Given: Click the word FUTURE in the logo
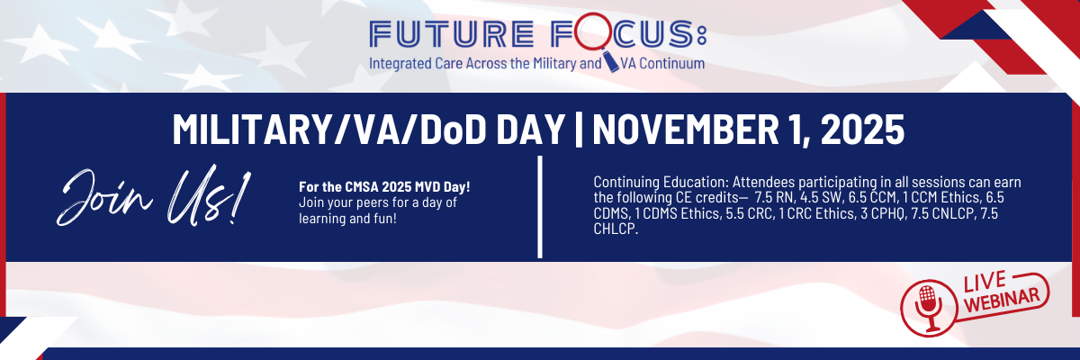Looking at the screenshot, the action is click(451, 34).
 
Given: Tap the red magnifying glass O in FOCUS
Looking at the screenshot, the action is click(592, 31).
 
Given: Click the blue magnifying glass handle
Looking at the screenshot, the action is click(610, 62).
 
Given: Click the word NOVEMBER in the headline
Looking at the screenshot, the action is click(685, 130).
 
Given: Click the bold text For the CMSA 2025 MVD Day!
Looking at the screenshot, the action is click(384, 186).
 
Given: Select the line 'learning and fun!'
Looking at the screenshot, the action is click(347, 219).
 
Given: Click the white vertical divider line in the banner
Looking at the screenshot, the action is click(540, 207).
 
